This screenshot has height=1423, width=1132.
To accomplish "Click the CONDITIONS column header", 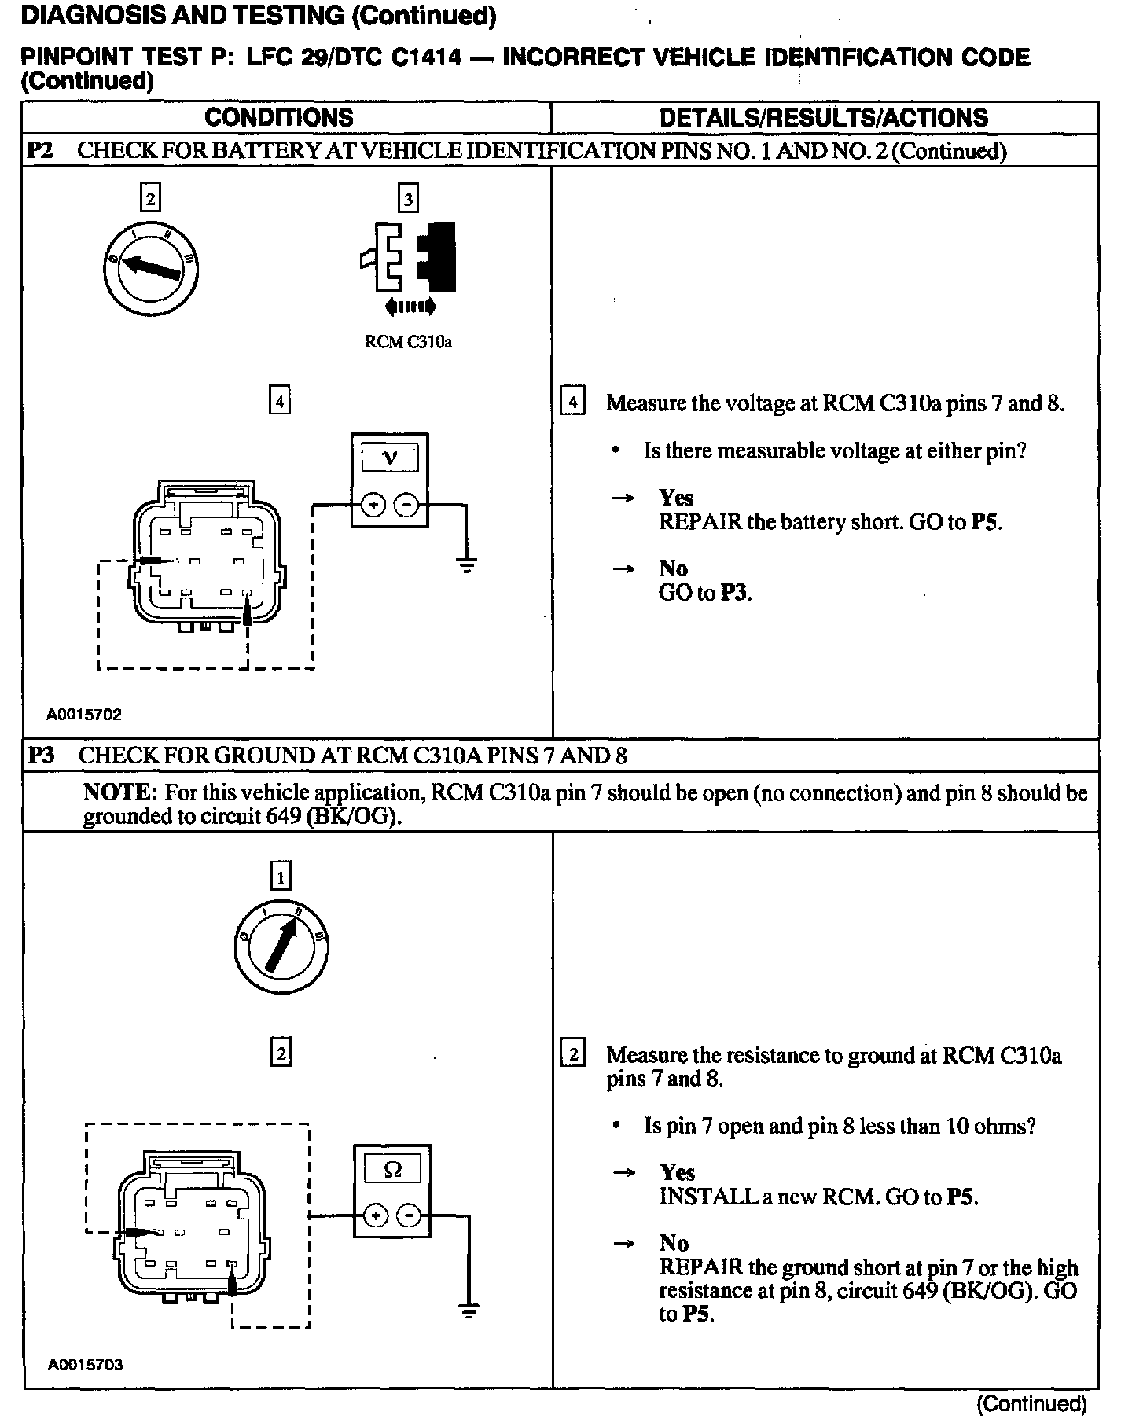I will (278, 118).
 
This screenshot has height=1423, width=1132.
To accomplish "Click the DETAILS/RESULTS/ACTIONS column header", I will (823, 118).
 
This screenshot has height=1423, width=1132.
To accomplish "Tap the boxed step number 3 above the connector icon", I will (408, 198).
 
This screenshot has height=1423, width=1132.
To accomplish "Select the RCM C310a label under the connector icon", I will (409, 342).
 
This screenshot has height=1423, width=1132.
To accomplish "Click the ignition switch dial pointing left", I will (150, 269).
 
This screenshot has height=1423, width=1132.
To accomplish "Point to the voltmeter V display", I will (389, 458).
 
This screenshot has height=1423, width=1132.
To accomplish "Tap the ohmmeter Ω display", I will (391, 1170).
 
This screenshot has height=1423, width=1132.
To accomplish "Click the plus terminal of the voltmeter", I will (373, 505).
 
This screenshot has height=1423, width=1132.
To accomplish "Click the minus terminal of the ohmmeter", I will (409, 1216).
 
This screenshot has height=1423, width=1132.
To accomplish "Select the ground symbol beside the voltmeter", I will (467, 564).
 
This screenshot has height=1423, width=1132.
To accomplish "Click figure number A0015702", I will (84, 715).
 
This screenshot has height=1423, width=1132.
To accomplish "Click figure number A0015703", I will (85, 1365).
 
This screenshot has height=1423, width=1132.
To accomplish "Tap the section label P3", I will (41, 756).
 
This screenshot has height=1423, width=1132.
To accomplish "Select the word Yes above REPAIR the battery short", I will (675, 498).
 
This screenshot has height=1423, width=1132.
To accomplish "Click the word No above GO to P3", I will (673, 568).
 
